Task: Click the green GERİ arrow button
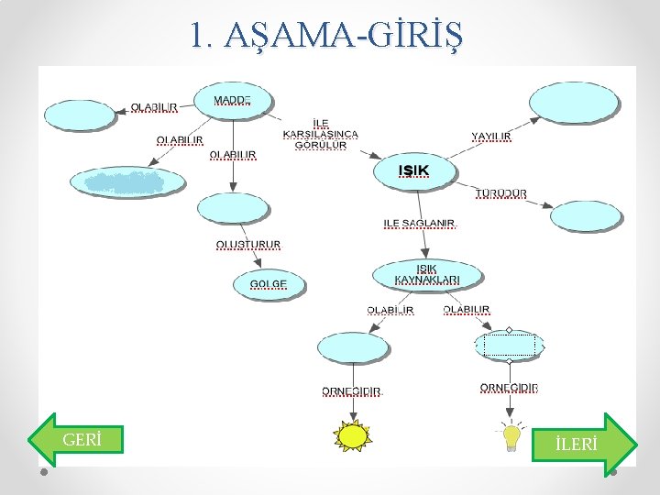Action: click(x=75, y=439)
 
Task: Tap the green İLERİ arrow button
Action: click(x=584, y=444)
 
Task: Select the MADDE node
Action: click(x=233, y=100)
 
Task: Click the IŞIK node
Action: click(x=414, y=170)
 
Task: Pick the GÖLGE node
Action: click(x=268, y=284)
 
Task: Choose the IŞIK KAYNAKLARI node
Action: click(x=426, y=274)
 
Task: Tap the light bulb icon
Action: click(x=510, y=438)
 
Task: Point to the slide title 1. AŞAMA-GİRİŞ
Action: click(x=326, y=36)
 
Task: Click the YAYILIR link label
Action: click(x=491, y=137)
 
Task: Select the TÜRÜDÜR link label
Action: click(x=500, y=193)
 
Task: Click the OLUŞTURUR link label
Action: click(x=248, y=245)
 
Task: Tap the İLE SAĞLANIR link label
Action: click(x=419, y=223)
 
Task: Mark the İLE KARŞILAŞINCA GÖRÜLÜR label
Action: click(x=321, y=134)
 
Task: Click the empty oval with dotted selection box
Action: click(x=510, y=346)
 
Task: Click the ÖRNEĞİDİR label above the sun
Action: click(x=351, y=391)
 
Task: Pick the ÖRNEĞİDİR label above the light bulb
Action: click(x=510, y=388)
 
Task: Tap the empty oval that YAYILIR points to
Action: click(x=574, y=103)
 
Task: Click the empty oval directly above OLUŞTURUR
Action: click(x=233, y=209)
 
